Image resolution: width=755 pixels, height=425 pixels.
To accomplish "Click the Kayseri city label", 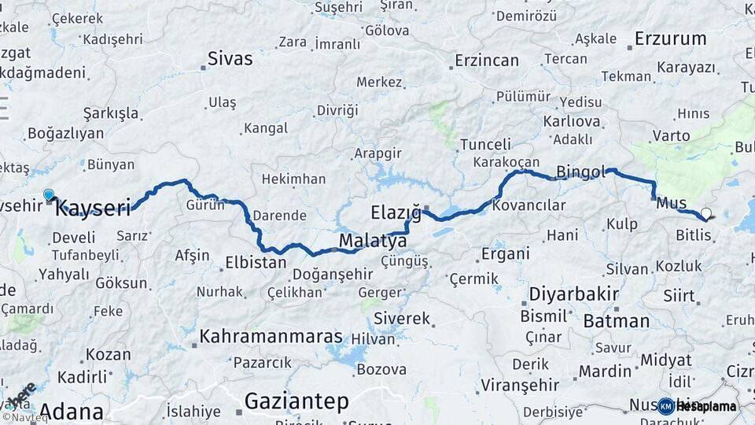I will pos(93,209).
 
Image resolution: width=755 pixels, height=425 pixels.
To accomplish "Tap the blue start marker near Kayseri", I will pos(49,194).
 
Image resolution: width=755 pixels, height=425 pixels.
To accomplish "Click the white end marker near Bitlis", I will pos(705,213).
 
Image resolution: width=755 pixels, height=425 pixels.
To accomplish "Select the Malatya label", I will pos(372,240).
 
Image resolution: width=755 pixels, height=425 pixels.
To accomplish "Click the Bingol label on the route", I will pos(580,172).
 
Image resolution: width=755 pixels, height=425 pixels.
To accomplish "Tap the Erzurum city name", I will pos(670,38).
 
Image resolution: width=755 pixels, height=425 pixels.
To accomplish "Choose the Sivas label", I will pos(230,58).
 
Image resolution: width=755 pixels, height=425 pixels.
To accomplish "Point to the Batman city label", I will pos(616,320).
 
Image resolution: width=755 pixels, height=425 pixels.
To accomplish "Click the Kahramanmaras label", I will pos(271,336).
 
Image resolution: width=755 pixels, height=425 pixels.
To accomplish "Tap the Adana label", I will pos(71,411).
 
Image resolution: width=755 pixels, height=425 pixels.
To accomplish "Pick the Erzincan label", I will pos(487,61).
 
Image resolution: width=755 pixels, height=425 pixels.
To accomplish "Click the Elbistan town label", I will pos(256,262).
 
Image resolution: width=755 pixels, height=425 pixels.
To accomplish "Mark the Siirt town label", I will pos(679,296).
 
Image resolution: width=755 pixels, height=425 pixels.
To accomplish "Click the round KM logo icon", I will pos(665,406).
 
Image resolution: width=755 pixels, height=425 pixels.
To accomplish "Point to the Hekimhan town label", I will pos(293,179).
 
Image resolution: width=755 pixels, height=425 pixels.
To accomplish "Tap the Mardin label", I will pos(605,371).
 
